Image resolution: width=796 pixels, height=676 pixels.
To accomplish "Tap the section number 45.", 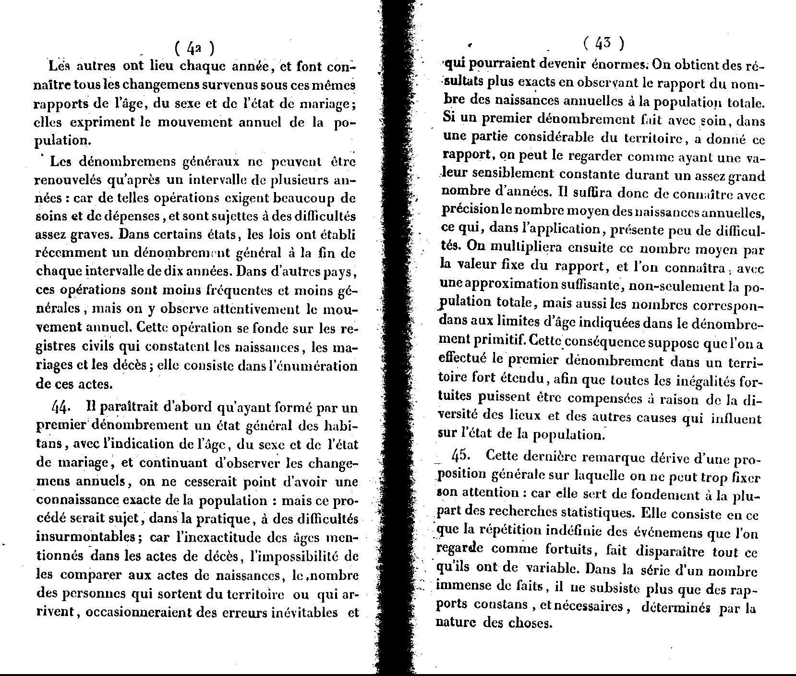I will (x=461, y=455).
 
